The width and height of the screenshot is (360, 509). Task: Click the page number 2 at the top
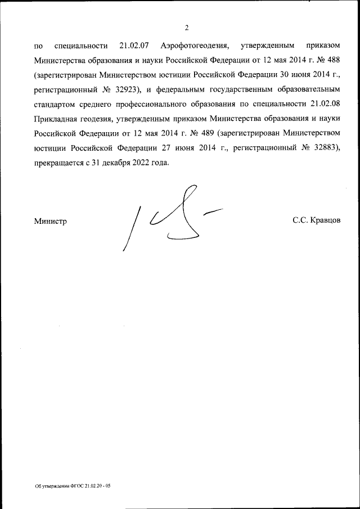(x=186, y=28)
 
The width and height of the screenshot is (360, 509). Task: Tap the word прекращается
(x=59, y=162)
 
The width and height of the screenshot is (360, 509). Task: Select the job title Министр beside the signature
(x=51, y=221)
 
